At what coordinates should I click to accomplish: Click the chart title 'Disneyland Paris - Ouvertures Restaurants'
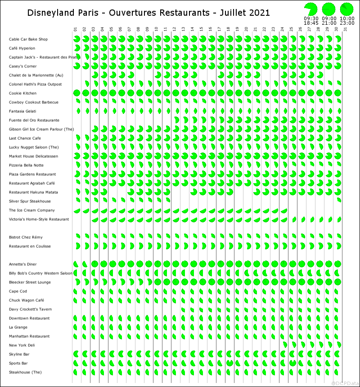(148, 13)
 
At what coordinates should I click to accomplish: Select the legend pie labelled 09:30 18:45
(310, 9)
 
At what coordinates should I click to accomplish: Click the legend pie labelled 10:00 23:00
(346, 9)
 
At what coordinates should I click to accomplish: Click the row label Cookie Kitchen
(23, 93)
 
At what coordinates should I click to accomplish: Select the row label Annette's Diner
(23, 264)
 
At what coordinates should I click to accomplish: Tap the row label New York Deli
(22, 345)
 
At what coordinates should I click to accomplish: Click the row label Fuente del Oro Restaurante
(34, 120)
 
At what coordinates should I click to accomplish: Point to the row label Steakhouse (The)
(25, 372)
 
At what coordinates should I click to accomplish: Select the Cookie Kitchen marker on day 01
(76, 93)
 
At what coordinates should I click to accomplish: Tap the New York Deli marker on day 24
(284, 345)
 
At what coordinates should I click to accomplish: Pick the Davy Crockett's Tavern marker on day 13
(184, 309)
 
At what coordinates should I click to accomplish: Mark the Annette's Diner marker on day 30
(337, 264)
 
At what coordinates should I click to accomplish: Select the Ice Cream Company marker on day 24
(283, 211)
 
